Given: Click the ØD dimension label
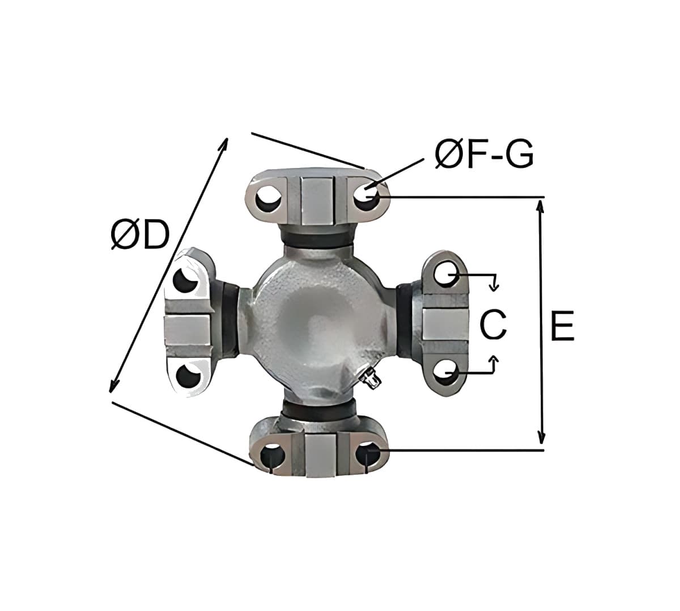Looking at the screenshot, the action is coord(139,234).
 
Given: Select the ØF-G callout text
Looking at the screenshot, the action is coord(484,155).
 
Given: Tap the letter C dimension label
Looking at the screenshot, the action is coord(492,325).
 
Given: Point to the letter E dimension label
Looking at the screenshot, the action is coord(563,326).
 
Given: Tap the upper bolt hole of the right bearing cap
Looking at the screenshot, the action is coord(447,273).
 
